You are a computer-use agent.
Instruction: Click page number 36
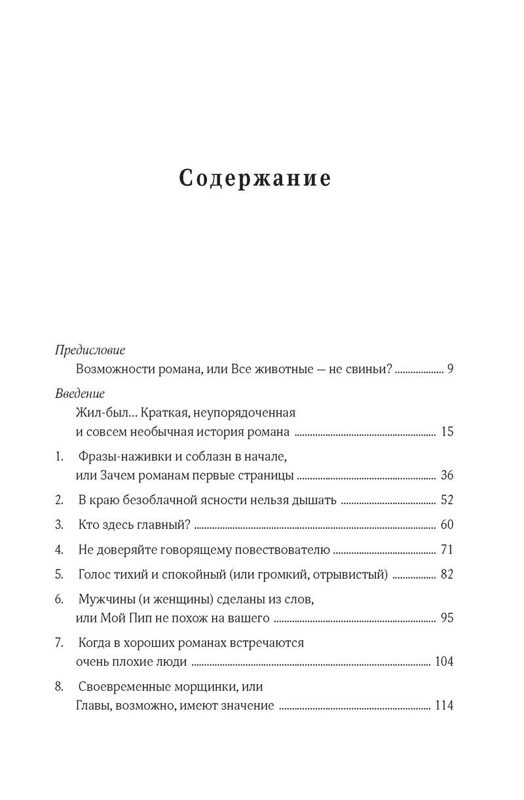click(x=447, y=475)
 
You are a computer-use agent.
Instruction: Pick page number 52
click(x=447, y=501)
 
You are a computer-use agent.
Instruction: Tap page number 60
click(x=447, y=525)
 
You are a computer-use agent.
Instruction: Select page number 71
click(x=447, y=550)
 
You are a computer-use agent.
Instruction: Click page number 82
click(x=447, y=575)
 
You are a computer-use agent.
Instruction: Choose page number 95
click(x=447, y=618)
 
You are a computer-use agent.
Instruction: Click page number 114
click(x=444, y=706)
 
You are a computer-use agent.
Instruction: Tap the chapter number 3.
click(x=58, y=525)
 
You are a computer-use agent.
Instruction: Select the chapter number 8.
click(x=58, y=687)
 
